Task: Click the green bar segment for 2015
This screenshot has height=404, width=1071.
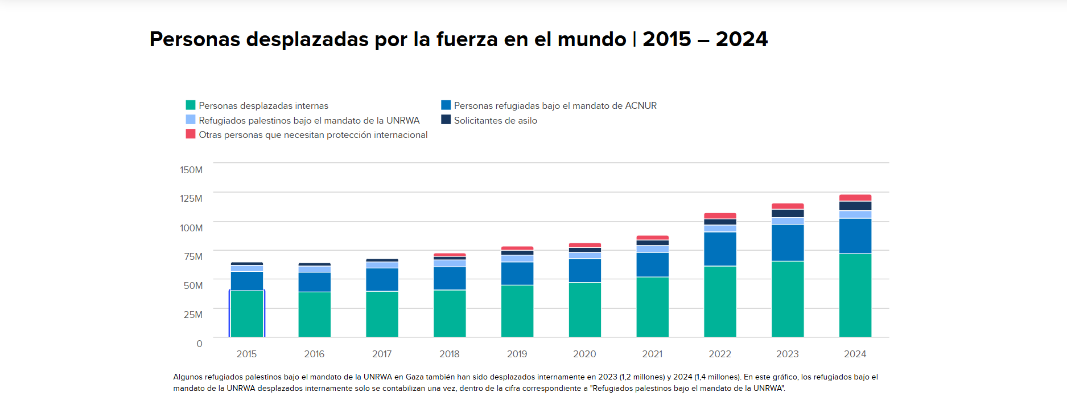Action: (x=246, y=313)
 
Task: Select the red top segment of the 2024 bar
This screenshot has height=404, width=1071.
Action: (x=855, y=198)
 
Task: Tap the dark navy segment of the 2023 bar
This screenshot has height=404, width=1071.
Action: (x=788, y=213)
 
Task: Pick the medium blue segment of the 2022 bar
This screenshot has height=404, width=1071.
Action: (x=720, y=249)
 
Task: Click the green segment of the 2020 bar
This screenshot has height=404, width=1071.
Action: (x=584, y=309)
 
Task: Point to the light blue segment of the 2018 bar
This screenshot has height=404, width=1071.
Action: (x=450, y=263)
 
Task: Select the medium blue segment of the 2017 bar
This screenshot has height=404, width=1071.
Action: (x=382, y=279)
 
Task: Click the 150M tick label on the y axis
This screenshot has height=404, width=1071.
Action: (x=191, y=170)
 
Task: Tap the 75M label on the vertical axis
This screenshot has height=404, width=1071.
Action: (x=193, y=256)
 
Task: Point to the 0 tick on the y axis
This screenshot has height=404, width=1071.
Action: (x=199, y=344)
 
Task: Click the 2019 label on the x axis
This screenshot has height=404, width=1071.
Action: (x=517, y=354)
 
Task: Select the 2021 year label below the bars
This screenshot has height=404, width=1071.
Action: (x=652, y=354)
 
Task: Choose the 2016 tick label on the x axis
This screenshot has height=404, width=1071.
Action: (x=314, y=354)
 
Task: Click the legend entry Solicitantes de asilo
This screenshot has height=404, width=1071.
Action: (x=495, y=120)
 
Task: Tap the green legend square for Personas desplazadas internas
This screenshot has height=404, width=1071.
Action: (x=191, y=105)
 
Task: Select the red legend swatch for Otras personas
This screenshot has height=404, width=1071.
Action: (x=191, y=134)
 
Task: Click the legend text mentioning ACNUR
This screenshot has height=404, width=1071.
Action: (x=555, y=105)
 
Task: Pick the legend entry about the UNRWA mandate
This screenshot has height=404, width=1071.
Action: (x=308, y=120)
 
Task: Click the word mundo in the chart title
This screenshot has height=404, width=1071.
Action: (x=591, y=39)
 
